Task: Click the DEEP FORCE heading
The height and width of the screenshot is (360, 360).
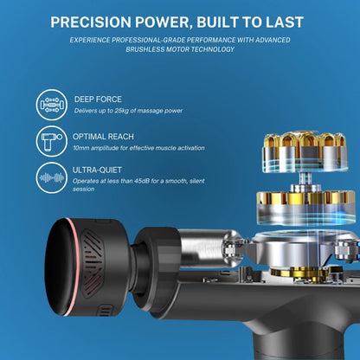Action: click(x=98, y=100)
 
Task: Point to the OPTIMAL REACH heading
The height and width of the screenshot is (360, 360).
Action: click(x=103, y=137)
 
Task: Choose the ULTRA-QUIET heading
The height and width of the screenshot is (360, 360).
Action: click(x=97, y=170)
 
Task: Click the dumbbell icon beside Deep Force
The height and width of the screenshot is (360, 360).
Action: click(x=52, y=105)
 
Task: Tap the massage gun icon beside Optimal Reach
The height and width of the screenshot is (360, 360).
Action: click(x=52, y=141)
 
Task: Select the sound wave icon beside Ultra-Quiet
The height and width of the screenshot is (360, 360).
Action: click(x=52, y=177)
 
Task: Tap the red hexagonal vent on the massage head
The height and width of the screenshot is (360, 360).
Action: click(x=93, y=264)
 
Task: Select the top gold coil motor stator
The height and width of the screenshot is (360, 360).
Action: click(x=305, y=151)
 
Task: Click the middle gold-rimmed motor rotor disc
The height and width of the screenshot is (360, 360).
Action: click(x=305, y=207)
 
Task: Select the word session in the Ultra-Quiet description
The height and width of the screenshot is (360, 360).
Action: click(x=83, y=190)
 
